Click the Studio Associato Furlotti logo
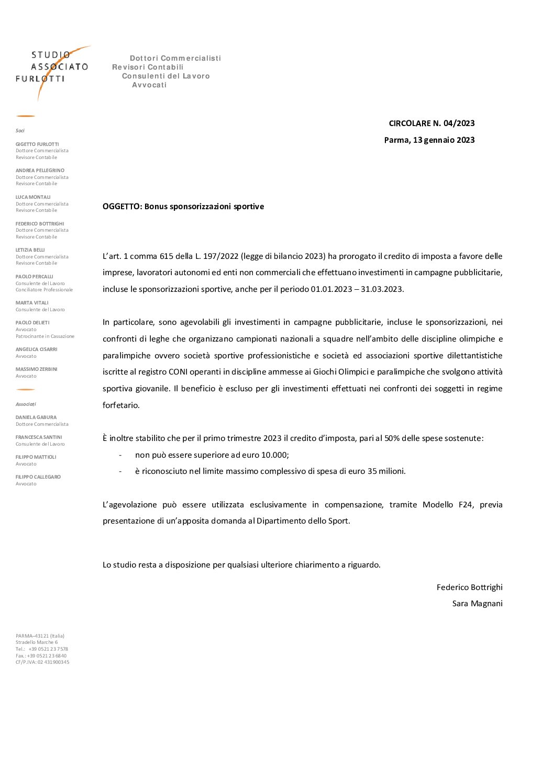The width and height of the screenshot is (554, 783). [52, 68]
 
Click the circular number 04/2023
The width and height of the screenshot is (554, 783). [459, 123]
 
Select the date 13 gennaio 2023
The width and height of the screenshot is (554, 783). [444, 140]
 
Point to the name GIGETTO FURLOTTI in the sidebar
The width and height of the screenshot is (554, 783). [37, 144]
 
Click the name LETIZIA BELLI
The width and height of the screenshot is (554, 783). [30, 250]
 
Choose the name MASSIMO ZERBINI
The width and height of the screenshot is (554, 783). [37, 369]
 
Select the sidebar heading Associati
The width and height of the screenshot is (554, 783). [26, 404]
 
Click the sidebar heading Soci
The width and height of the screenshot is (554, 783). [20, 131]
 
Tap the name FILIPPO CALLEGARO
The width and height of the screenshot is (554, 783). [38, 477]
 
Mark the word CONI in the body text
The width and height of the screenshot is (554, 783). [178, 372]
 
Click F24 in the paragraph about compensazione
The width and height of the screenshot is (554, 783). [466, 505]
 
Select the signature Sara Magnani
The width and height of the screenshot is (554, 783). [477, 604]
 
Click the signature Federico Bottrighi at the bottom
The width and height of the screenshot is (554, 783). [469, 587]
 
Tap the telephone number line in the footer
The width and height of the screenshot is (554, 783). [42, 649]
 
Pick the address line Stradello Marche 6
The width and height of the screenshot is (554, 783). [37, 642]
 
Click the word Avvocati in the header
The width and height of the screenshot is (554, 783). [149, 85]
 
